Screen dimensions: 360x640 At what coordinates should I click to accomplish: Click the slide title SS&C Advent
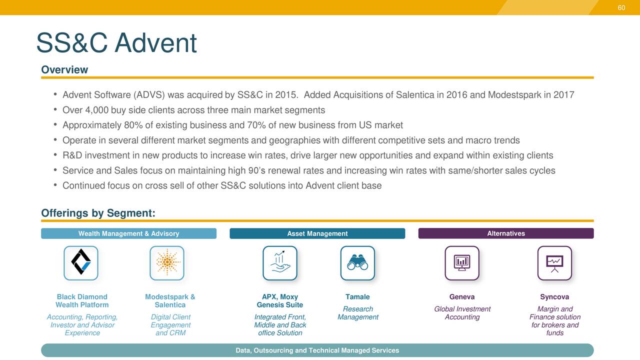point(116,43)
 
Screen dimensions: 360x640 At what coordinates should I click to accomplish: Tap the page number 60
point(621,7)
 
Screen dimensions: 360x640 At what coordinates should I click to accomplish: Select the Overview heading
point(64,70)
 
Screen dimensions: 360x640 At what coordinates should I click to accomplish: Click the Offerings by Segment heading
point(98,213)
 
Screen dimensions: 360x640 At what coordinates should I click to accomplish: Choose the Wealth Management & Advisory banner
point(128,233)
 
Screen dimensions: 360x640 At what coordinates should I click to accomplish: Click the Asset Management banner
point(317,233)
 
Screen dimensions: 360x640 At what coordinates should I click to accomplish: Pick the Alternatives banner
point(505,233)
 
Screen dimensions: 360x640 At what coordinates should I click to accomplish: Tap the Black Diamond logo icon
point(81,263)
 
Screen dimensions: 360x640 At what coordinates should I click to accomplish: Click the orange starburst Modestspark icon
point(167,263)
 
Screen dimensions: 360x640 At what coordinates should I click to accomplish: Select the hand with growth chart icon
point(279,263)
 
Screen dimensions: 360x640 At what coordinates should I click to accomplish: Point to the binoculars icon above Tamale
point(357,263)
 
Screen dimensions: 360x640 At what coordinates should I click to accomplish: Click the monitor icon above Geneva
point(462,263)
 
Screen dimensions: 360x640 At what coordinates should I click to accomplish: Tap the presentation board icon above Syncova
point(554,263)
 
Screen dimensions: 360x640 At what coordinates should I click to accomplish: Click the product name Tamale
point(357,297)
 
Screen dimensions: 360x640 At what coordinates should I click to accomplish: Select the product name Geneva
point(462,297)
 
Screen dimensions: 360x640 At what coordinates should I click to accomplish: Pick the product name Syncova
point(554,297)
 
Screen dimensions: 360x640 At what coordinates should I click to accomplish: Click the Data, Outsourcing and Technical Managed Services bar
point(317,350)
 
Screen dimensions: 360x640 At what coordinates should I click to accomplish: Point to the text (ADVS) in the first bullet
point(149,95)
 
